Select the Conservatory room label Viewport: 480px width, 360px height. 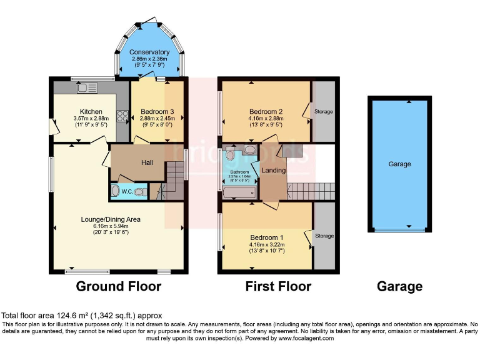[149, 52]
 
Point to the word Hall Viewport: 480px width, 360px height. [147, 162]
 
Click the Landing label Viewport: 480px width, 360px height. [273, 170]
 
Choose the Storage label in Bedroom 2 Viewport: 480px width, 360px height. [324, 112]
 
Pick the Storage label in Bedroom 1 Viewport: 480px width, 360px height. [324, 236]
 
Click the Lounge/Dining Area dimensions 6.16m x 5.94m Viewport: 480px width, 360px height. [110, 227]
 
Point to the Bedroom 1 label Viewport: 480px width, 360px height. [267, 237]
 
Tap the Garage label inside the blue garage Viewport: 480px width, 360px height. [399, 164]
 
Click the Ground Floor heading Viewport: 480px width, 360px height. [119, 287]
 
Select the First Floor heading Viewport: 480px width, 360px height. [278, 287]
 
